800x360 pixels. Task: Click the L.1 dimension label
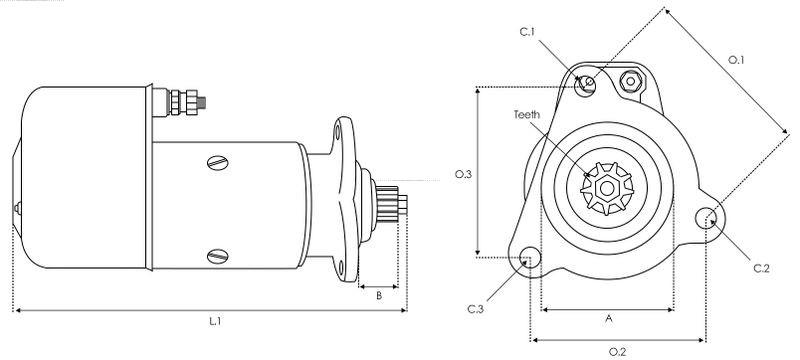pos(214,321)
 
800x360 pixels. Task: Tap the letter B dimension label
pos(379,295)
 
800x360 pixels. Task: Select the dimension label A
pos(608,319)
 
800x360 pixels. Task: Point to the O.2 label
pos(617,351)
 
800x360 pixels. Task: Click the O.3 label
pos(463,174)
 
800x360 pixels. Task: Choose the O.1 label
pos(736,60)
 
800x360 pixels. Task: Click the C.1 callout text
pos(527,32)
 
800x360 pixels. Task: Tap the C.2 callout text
pos(761,269)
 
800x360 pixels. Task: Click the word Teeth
pos(527,114)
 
